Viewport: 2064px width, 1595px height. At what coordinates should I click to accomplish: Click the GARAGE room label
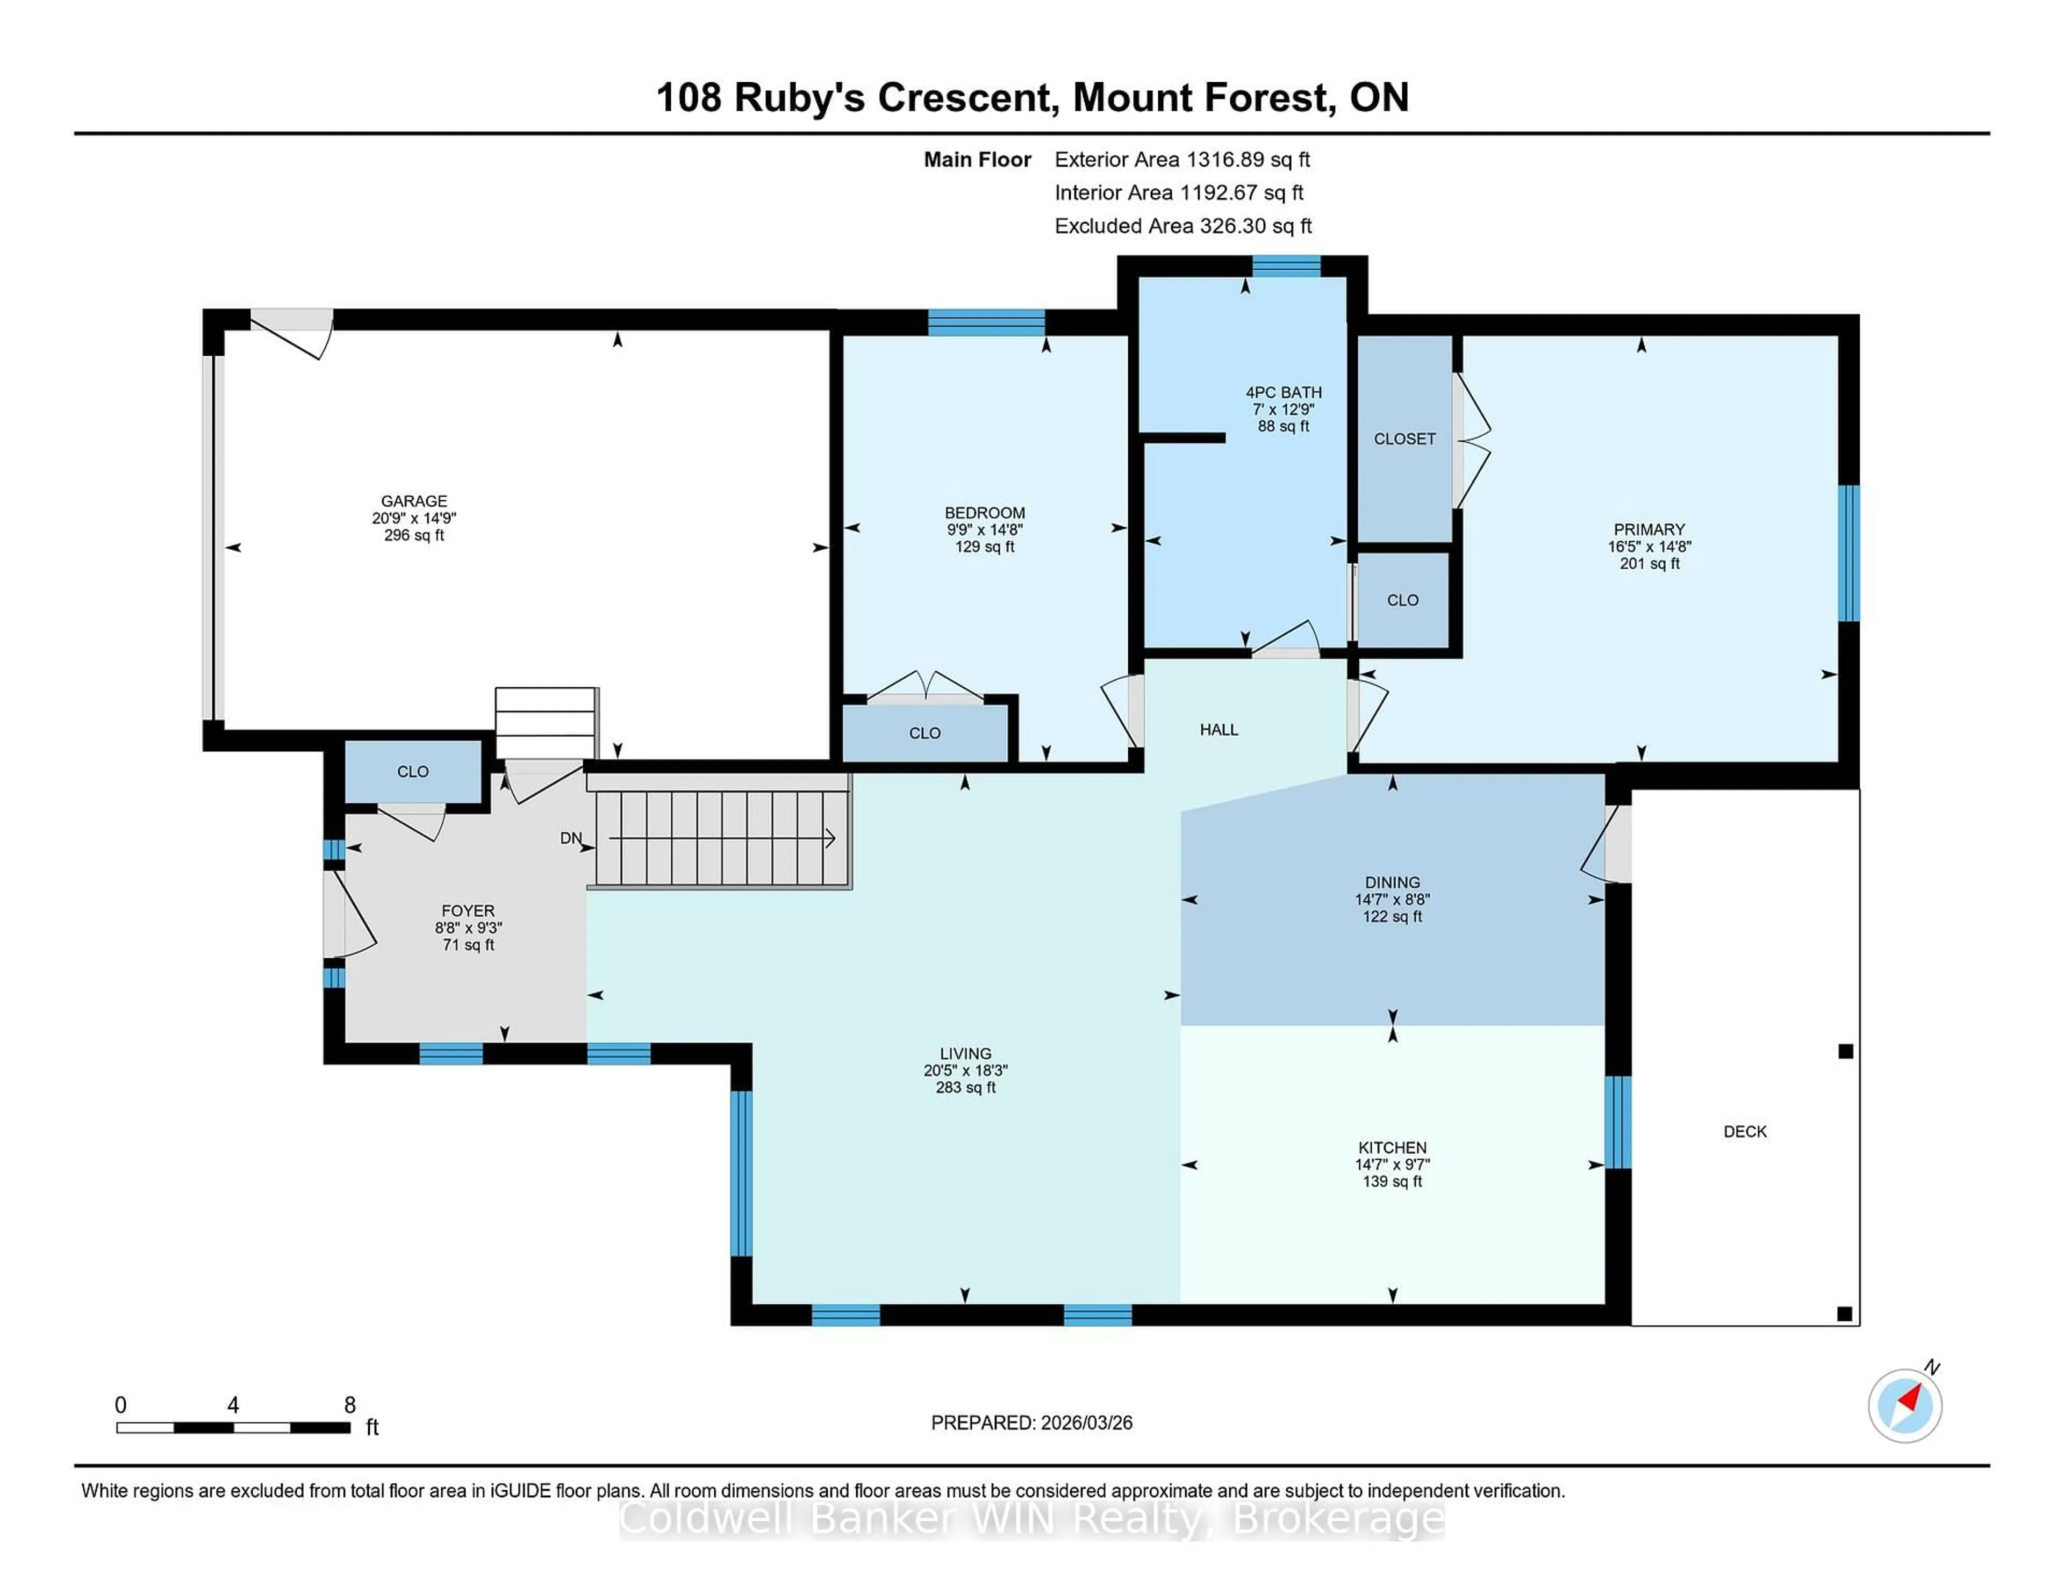click(414, 501)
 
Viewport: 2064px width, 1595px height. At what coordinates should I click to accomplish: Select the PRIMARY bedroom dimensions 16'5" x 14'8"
click(1649, 546)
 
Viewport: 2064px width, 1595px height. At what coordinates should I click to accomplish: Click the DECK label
click(1745, 1131)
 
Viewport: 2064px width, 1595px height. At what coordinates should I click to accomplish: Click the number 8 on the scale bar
click(350, 1405)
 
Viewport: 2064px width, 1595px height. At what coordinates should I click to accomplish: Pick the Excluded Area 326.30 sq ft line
click(1182, 226)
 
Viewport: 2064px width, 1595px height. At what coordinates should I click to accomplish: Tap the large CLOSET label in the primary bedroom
click(1404, 439)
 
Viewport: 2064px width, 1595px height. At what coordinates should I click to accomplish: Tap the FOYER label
click(468, 911)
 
